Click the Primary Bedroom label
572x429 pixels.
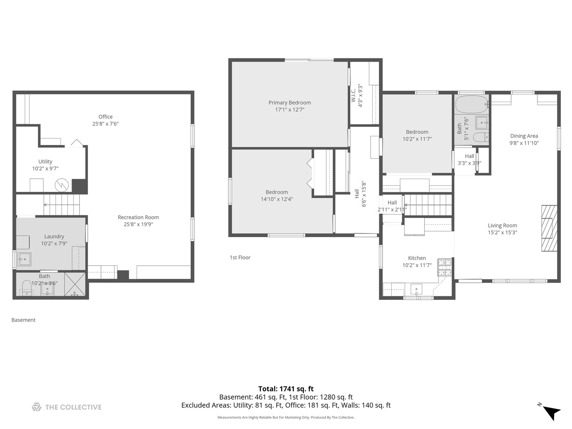(290, 102)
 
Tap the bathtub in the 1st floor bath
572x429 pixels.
(472, 104)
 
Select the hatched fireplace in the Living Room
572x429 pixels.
(549, 228)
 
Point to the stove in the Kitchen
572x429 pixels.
(444, 267)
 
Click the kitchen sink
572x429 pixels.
(416, 289)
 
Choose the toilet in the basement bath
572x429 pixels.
(27, 288)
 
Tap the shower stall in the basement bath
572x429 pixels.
(75, 284)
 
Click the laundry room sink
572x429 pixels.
(24, 259)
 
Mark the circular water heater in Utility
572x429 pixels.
(62, 185)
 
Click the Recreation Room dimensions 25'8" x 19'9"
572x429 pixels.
(138, 224)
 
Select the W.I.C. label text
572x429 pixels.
(353, 95)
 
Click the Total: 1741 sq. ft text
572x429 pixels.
(286, 389)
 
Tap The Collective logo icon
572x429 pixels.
(37, 407)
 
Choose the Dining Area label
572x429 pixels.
(524, 136)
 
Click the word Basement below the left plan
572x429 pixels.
(23, 320)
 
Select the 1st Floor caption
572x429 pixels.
(240, 257)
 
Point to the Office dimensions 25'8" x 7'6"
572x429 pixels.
(106, 124)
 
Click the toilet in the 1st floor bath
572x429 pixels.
(481, 137)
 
